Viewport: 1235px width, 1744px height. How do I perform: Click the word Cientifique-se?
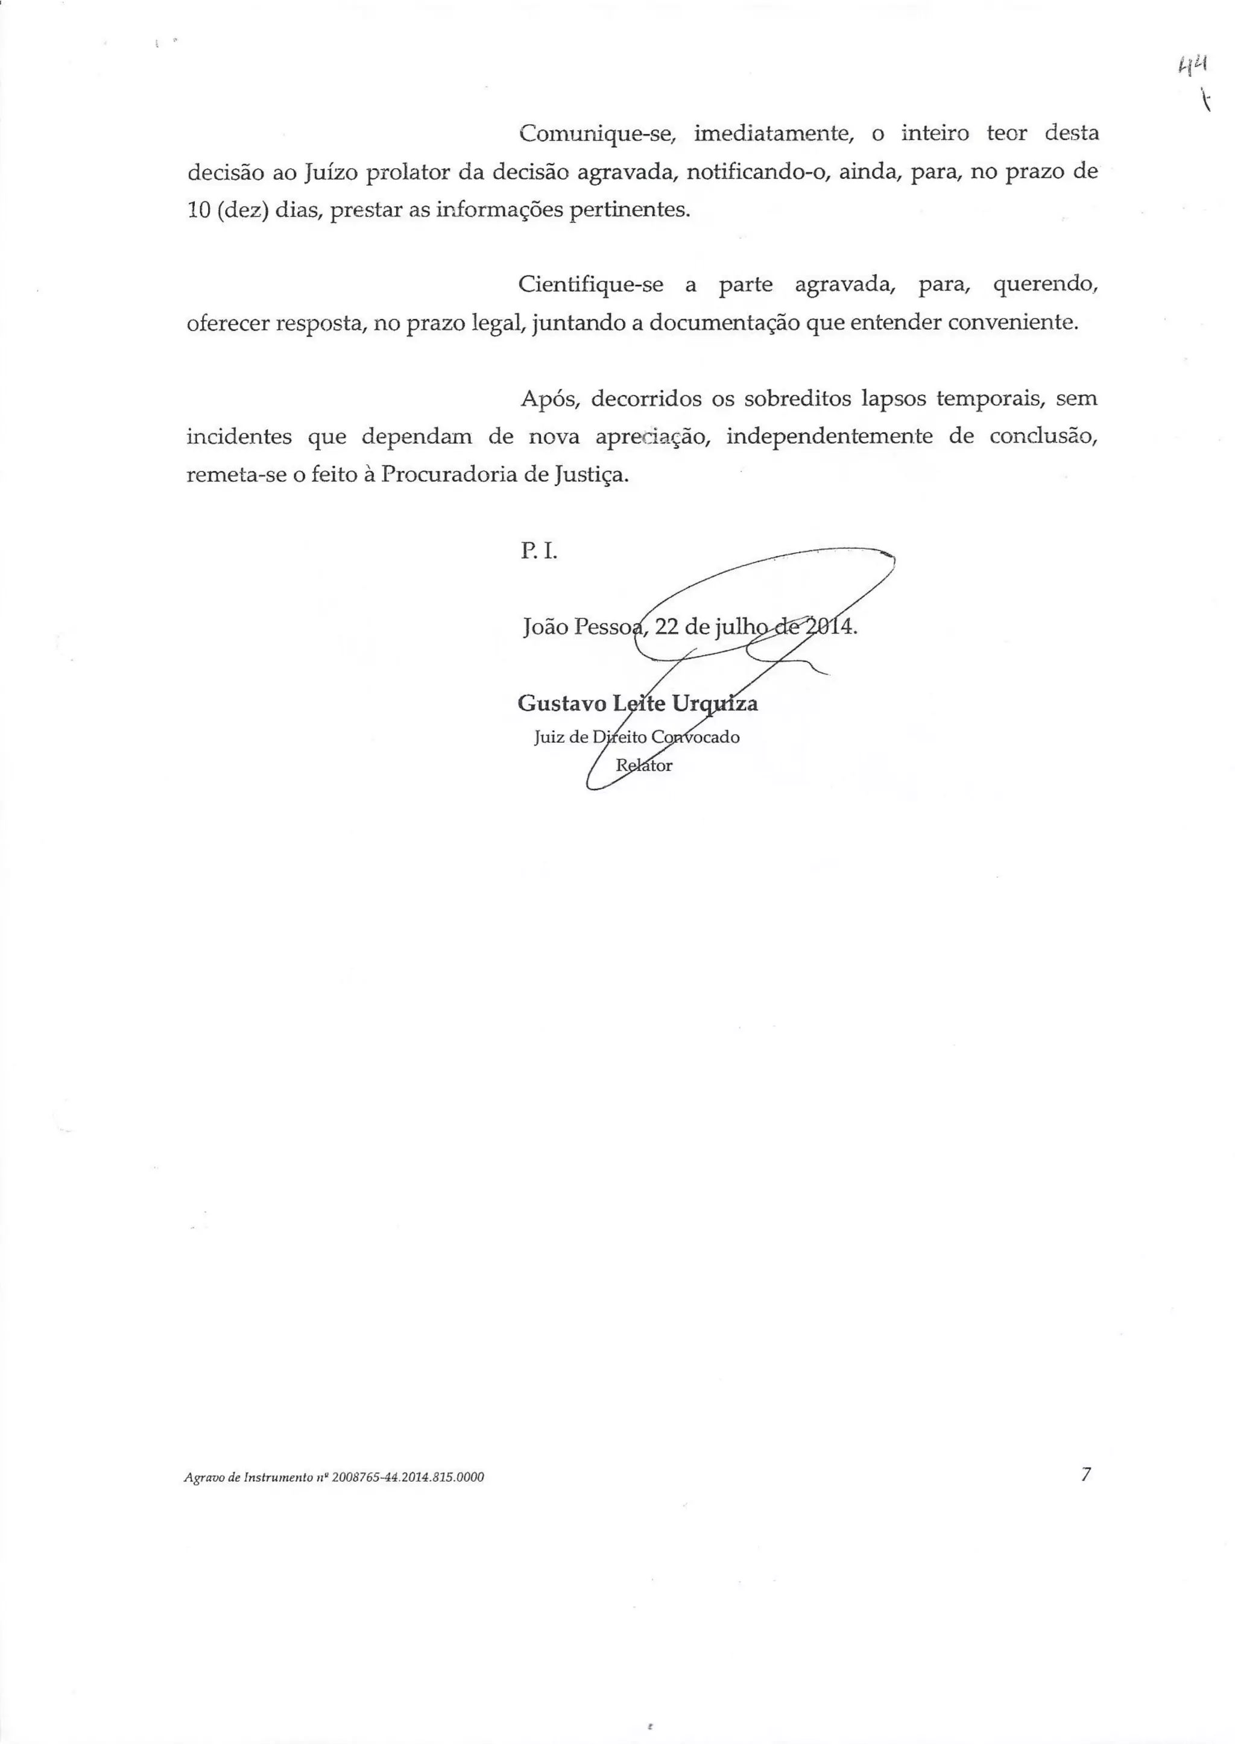591,285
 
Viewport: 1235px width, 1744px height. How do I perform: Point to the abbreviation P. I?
539,551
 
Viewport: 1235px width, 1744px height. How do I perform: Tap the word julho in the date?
739,629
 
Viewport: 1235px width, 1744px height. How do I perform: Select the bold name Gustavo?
561,704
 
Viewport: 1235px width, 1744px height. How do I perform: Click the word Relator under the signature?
643,766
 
